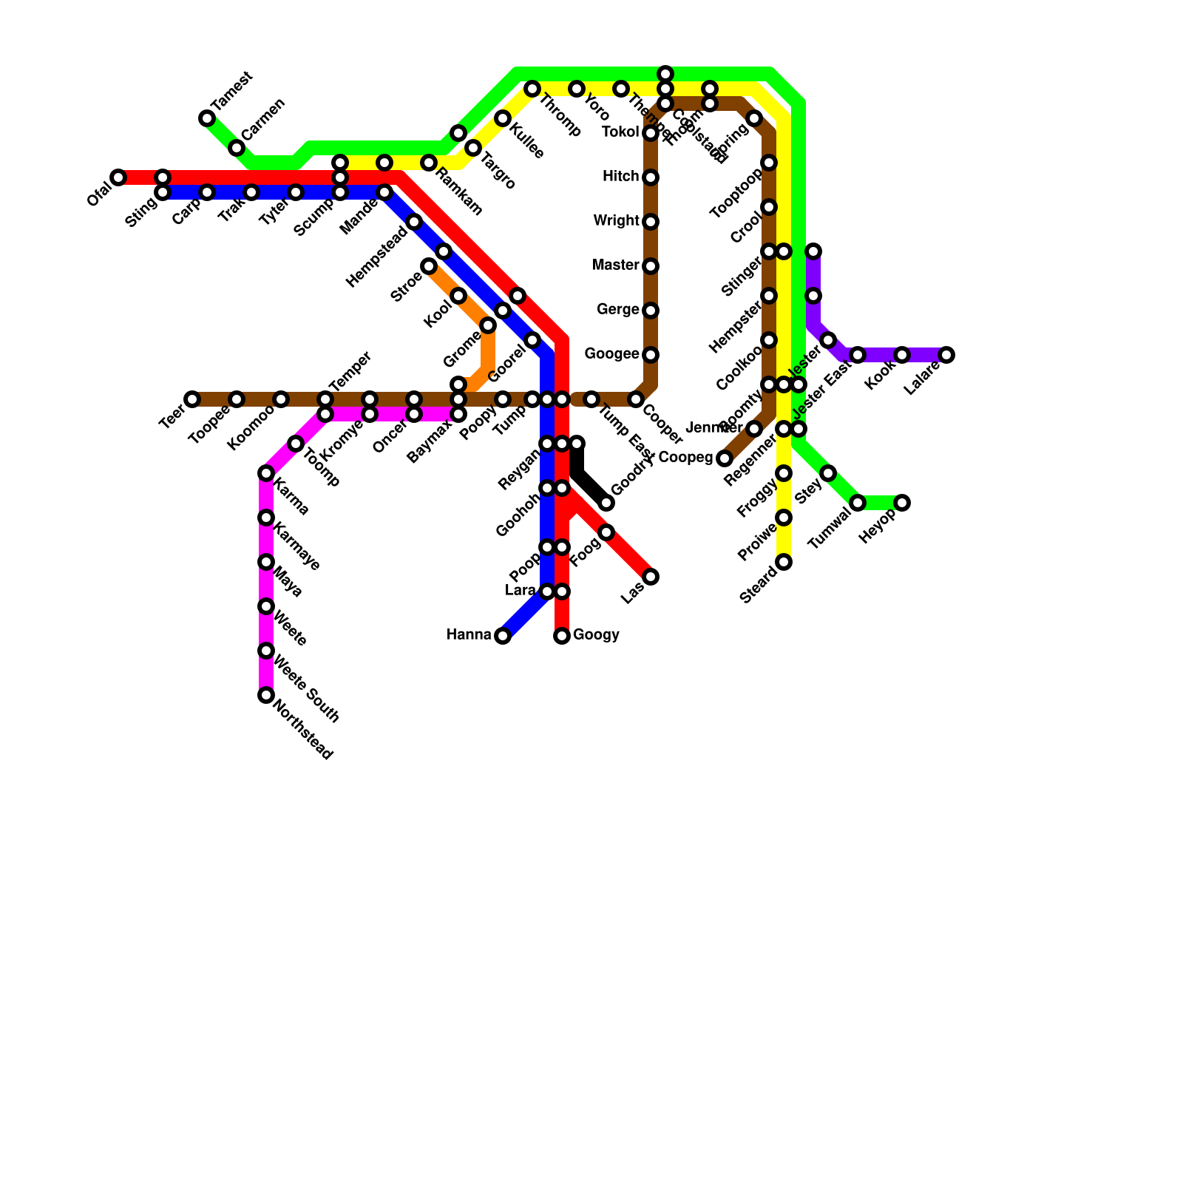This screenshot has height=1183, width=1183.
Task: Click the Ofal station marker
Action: coord(118,177)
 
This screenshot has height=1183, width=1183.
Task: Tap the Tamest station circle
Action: coord(207,118)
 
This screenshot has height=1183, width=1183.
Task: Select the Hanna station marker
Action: coord(503,636)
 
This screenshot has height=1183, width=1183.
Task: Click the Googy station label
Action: coord(596,634)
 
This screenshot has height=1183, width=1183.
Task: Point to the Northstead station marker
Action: coord(266,695)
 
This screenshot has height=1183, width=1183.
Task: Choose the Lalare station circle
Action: coord(946,355)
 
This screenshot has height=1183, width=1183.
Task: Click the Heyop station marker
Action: coord(902,503)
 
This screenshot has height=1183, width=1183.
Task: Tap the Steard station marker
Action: coord(784,562)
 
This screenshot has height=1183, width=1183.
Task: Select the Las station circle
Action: coord(651,577)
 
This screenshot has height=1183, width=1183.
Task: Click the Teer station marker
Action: coord(192,399)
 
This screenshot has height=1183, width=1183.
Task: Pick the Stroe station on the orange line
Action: coord(429,266)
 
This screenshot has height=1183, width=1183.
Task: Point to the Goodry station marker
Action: coord(606,503)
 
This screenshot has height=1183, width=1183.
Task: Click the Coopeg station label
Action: coord(685,458)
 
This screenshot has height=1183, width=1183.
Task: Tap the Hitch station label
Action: coord(620,176)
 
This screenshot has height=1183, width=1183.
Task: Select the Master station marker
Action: coord(651,266)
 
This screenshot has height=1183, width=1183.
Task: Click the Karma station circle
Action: coord(266,473)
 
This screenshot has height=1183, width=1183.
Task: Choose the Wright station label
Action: coord(616,220)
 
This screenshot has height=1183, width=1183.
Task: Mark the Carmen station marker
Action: coord(237,148)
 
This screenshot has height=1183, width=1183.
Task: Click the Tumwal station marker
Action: coord(858,503)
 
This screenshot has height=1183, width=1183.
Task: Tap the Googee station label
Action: coord(611,354)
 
